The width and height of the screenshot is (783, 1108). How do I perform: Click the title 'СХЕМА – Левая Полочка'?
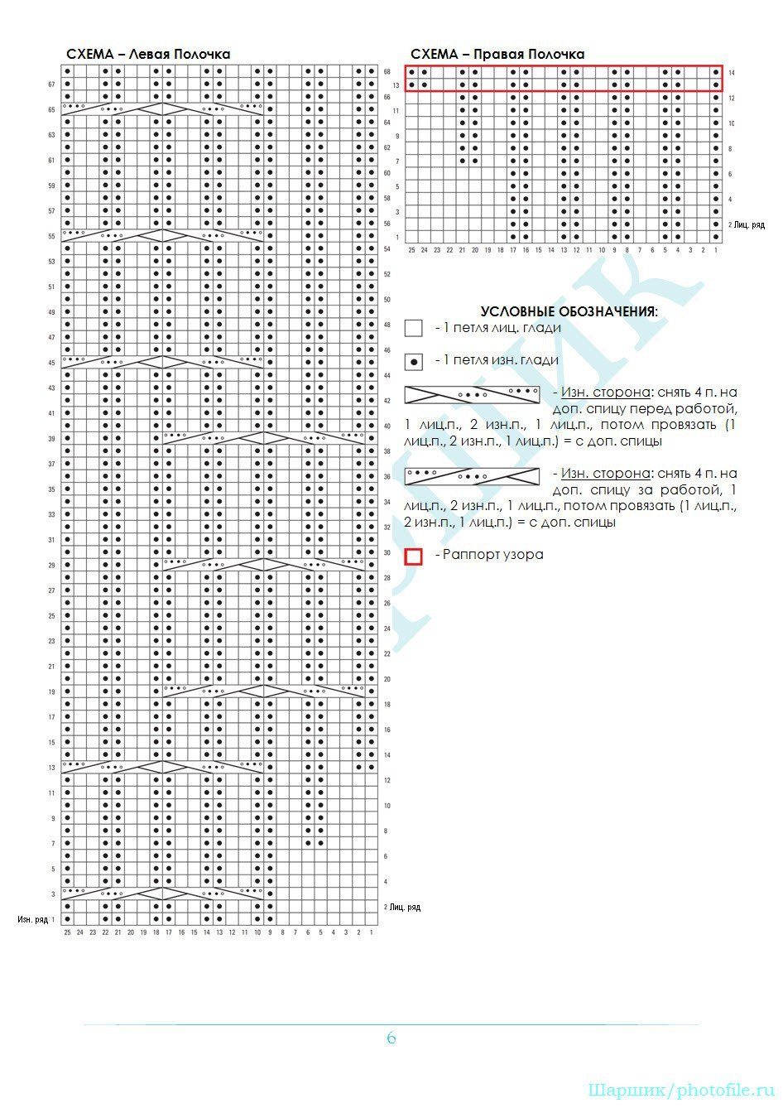click(148, 55)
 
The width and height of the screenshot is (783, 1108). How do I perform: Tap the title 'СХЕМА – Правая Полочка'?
click(497, 55)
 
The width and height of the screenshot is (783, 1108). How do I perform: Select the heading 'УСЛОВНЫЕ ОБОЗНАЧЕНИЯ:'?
click(569, 312)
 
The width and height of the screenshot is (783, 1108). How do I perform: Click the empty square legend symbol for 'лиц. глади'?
click(414, 329)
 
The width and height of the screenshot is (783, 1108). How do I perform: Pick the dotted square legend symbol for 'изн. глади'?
click(414, 362)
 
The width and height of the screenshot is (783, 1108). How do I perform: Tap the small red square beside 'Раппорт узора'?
click(414, 556)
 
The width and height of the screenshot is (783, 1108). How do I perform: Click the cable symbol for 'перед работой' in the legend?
click(472, 394)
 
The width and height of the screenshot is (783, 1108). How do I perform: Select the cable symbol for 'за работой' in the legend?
click(472, 476)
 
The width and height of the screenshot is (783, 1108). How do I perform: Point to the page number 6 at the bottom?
click(391, 1038)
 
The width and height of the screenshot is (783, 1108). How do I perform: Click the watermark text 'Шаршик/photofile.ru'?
click(681, 1090)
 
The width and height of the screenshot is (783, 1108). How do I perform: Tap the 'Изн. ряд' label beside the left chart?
click(33, 919)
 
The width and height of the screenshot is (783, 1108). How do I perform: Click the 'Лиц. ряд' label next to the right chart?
click(749, 225)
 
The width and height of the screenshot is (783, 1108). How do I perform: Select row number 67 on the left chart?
click(51, 84)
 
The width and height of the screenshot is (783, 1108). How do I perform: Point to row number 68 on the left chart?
click(387, 72)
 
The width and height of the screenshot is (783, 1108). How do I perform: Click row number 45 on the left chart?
click(51, 363)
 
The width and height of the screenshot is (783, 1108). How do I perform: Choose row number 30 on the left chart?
click(387, 553)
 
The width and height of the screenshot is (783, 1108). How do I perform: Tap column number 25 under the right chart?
click(411, 249)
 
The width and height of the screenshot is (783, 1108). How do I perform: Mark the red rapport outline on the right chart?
click(563, 66)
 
